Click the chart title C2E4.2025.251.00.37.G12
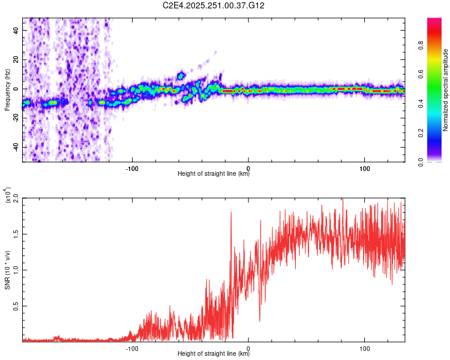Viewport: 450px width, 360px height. pyautogui.click(x=214, y=5)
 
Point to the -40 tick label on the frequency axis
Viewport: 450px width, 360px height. pyautogui.click(x=15, y=147)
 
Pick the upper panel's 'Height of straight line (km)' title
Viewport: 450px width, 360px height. pyautogui.click(x=214, y=174)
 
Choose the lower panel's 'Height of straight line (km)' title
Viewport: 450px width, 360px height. pyautogui.click(x=214, y=354)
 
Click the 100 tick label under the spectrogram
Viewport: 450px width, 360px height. pyautogui.click(x=364, y=167)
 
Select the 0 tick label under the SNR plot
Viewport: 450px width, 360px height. pyautogui.click(x=248, y=347)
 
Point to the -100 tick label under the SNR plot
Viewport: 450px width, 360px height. pyautogui.click(x=132, y=347)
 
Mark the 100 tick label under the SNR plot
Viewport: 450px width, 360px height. pyautogui.click(x=364, y=347)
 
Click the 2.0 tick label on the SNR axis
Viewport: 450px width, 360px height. pyautogui.click(x=15, y=197)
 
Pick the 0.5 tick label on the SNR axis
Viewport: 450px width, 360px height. pyautogui.click(x=15, y=305)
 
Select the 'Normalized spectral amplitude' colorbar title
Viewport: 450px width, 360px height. pyautogui.click(x=446, y=90)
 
